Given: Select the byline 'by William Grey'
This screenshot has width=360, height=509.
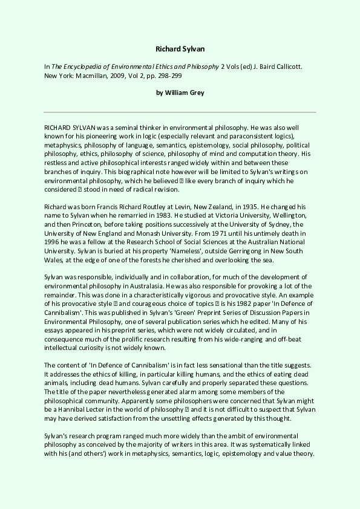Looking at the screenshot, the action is (x=180, y=92).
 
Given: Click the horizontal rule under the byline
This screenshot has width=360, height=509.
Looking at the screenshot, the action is (x=180, y=112).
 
